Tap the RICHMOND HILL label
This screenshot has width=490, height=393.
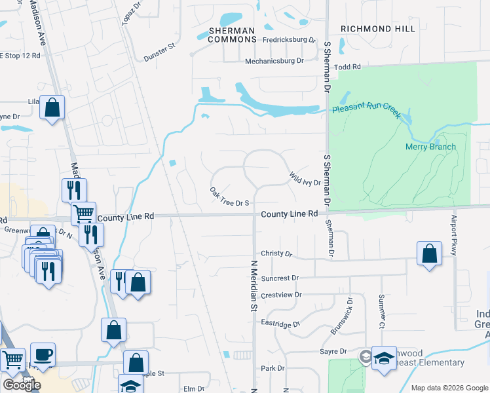(378, 29)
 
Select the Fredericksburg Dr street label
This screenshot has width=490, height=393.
(289, 40)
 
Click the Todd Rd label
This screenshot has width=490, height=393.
(347, 67)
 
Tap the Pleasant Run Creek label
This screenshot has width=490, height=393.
(366, 111)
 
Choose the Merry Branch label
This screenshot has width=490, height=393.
(430, 147)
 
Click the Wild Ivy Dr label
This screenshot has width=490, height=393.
(305, 178)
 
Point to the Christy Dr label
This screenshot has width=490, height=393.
(275, 253)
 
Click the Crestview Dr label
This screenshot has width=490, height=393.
(281, 295)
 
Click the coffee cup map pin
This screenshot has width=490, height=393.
(43, 354)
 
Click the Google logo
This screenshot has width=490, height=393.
(22, 385)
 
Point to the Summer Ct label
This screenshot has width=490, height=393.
(381, 310)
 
